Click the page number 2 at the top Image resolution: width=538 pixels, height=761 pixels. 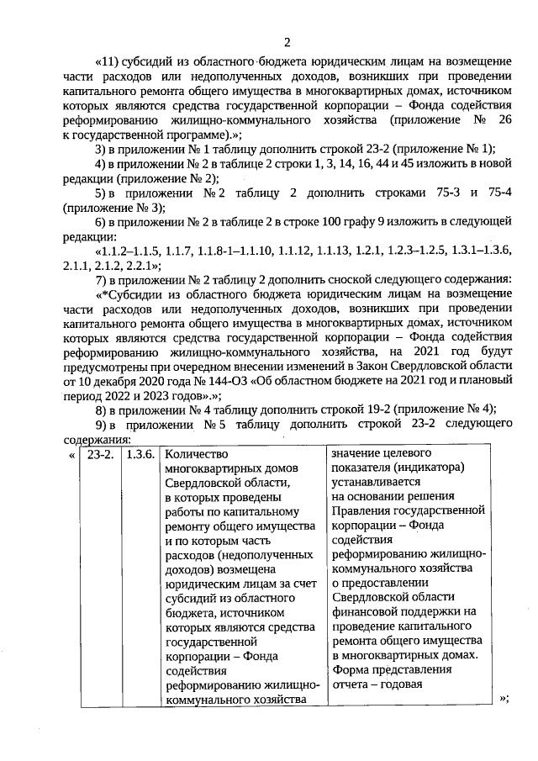click(x=287, y=42)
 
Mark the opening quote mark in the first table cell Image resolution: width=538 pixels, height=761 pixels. click(x=71, y=455)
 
